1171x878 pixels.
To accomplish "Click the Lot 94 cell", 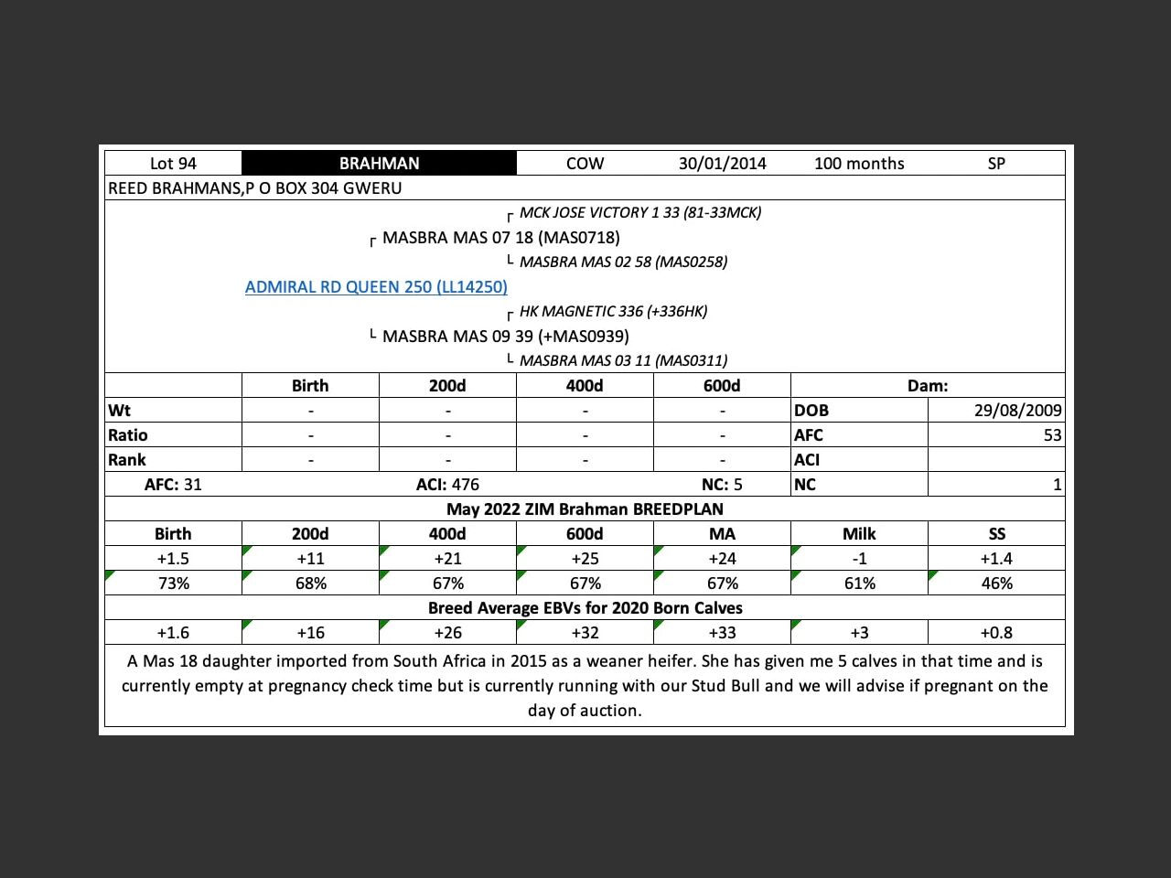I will (173, 164).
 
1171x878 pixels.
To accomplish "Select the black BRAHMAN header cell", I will (379, 164).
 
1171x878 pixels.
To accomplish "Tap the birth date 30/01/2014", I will (722, 164).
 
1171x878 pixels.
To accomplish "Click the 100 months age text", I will (859, 164).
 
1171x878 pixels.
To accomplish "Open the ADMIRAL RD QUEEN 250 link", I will (376, 287).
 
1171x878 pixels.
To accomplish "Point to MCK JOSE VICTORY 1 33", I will (639, 213).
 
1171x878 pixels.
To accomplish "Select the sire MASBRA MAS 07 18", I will (500, 238).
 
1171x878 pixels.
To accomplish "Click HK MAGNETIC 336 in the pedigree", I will (613, 312).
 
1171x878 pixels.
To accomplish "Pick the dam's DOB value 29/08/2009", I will (1017, 411).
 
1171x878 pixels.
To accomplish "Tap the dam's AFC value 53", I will (1052, 435).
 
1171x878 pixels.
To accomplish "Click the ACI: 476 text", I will (447, 485).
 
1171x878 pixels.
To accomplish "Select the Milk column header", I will (859, 534).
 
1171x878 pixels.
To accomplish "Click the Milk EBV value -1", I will (859, 559).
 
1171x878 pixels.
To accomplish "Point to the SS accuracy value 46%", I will (996, 584).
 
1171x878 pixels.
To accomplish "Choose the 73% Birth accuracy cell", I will (173, 584).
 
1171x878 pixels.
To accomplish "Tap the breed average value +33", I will (722, 633).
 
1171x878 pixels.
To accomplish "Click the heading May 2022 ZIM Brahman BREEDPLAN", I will (585, 509).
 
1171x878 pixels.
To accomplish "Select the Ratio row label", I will (128, 435).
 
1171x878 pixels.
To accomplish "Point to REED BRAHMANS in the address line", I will (174, 188).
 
